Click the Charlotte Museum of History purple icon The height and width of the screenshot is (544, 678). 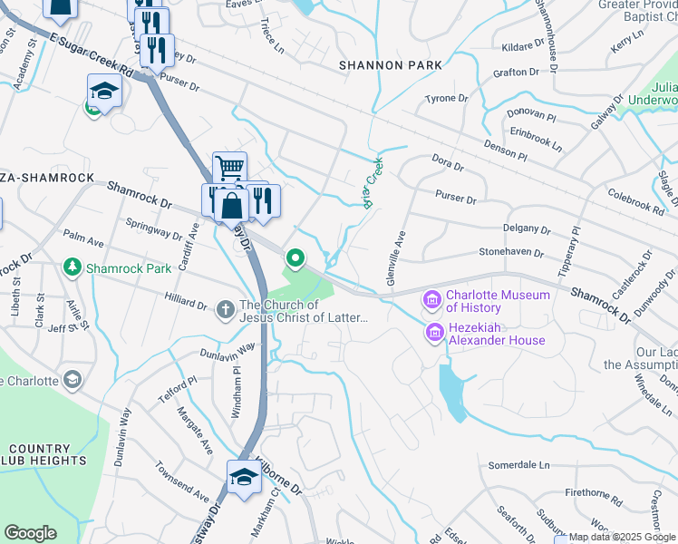[x=431, y=299]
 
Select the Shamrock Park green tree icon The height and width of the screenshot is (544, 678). [x=73, y=268]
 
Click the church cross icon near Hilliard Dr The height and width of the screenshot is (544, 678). [x=227, y=310]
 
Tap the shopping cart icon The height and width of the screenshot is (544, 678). [x=230, y=168]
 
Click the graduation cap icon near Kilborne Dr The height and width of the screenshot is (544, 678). [x=244, y=477]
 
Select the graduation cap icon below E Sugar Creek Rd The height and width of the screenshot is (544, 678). [x=104, y=92]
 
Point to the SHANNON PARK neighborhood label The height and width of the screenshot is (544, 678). [x=391, y=65]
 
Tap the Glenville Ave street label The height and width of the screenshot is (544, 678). [x=395, y=257]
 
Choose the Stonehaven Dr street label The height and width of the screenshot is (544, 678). [x=511, y=253]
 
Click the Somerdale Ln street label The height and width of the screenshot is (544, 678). [x=519, y=465]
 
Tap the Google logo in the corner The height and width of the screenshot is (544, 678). [x=30, y=533]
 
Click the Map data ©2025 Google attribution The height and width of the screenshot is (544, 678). [x=622, y=537]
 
